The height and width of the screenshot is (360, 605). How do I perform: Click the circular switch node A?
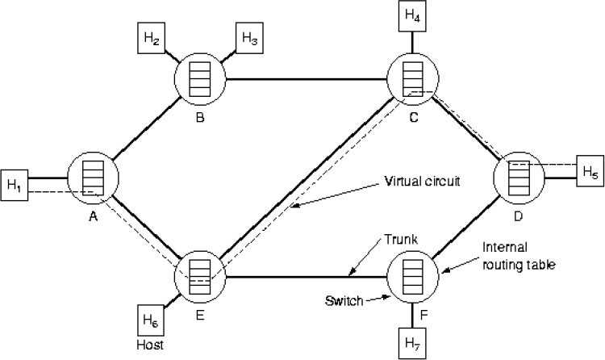click(94, 178)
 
